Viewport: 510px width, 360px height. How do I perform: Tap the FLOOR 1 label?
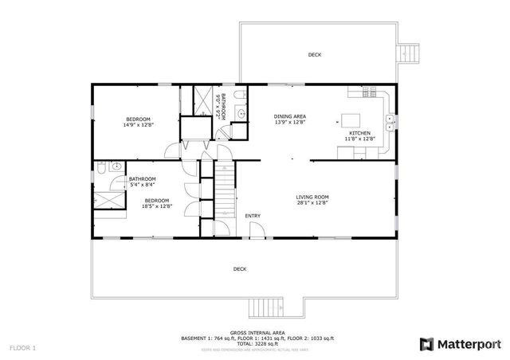23,348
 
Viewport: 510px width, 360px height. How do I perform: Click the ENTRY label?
253,216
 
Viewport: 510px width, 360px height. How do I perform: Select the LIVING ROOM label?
312,197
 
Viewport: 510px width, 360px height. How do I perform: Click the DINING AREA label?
290,116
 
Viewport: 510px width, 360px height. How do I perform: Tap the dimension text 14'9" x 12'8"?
138,125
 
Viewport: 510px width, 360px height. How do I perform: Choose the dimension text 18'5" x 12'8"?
156,206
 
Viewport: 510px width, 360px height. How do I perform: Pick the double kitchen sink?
390,121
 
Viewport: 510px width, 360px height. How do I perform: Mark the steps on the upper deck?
410,54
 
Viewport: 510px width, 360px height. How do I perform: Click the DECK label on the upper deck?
315,55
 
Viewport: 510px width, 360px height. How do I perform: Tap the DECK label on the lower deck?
239,269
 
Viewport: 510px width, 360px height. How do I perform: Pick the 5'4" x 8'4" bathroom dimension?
143,185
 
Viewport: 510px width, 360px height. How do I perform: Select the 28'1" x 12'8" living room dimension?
312,203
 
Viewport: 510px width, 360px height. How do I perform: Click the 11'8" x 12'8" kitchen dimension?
359,139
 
